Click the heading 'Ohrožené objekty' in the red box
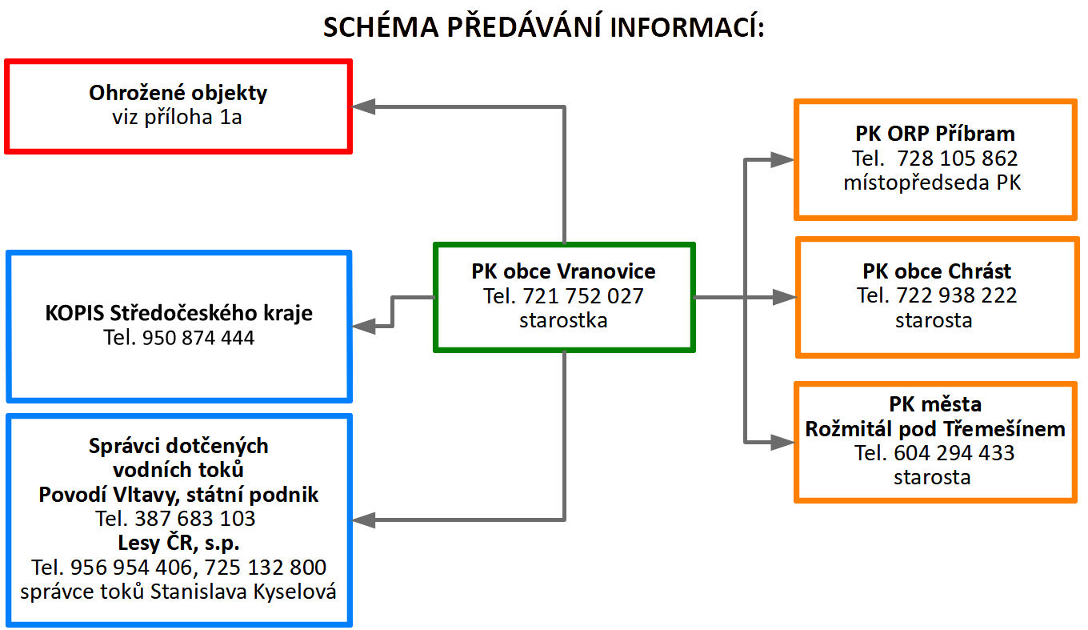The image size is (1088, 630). click(178, 93)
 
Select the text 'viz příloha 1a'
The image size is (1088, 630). click(177, 117)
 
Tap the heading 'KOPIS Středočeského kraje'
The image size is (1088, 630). click(178, 313)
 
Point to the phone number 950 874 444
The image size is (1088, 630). click(198, 338)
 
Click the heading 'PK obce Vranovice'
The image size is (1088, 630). click(563, 271)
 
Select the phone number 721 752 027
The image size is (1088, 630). click(583, 296)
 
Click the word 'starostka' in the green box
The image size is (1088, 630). click(563, 320)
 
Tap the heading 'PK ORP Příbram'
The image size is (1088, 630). click(935, 134)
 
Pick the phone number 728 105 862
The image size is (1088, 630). click(957, 159)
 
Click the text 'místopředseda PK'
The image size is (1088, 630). click(932, 183)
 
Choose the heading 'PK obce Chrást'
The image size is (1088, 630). click(937, 271)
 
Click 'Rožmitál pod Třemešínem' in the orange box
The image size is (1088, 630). click(935, 429)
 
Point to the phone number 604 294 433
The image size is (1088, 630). click(954, 453)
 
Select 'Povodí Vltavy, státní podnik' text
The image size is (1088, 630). click(178, 495)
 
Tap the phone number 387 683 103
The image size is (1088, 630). click(194, 519)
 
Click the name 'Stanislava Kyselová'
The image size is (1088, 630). click(243, 592)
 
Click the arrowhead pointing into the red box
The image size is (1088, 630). click(363, 106)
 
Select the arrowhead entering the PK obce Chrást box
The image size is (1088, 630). click(785, 297)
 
